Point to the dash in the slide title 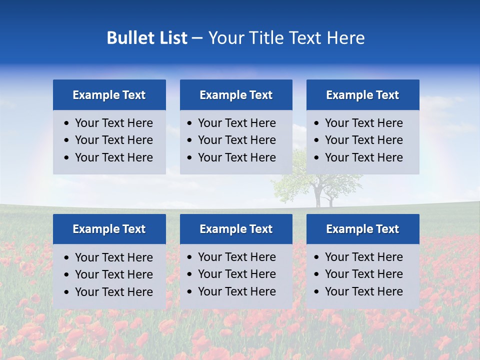click(x=197, y=38)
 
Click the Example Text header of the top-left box click(x=109, y=95)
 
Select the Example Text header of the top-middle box click(x=236, y=95)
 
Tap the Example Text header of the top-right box click(x=362, y=95)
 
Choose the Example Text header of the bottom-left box click(x=109, y=229)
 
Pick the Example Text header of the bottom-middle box click(x=236, y=229)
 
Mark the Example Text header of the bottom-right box click(x=362, y=229)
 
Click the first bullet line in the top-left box click(x=113, y=123)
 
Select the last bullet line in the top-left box click(x=113, y=157)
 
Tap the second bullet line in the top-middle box click(x=236, y=140)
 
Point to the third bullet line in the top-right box click(x=363, y=157)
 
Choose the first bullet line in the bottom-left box click(x=113, y=257)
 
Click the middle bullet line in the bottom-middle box click(x=236, y=274)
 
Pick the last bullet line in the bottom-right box click(x=363, y=291)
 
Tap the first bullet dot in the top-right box click(x=316, y=123)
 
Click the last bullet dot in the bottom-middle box click(x=189, y=292)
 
